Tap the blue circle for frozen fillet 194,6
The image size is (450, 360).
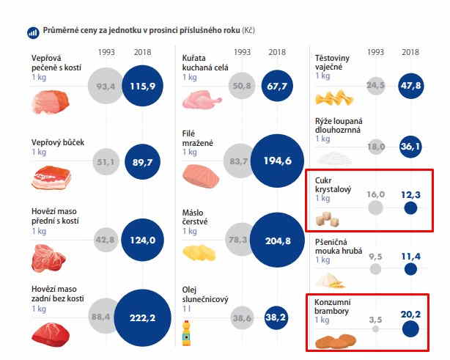click(x=277, y=161)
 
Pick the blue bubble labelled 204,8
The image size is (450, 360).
click(x=277, y=239)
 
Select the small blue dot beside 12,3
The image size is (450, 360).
click(x=410, y=207)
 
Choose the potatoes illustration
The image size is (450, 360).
click(x=336, y=341)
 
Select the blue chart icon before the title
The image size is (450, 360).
click(x=33, y=33)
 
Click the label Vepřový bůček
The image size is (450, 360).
click(x=56, y=142)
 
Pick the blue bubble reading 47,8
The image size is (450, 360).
click(x=410, y=86)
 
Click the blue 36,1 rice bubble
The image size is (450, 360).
click(x=410, y=147)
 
